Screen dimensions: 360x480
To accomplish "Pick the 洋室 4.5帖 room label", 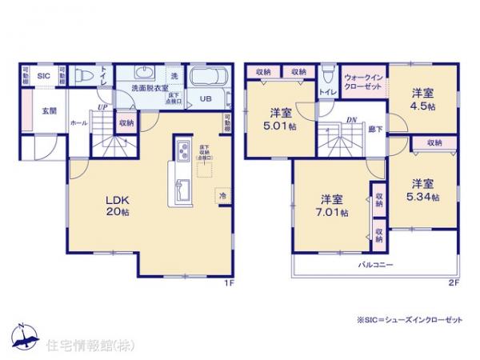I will (423, 98).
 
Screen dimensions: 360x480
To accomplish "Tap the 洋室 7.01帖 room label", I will (333, 205).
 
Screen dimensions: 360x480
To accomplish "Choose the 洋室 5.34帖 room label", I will (423, 190).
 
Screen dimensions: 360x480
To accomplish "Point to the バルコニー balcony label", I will (374, 264).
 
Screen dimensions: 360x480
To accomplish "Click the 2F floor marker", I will (452, 282).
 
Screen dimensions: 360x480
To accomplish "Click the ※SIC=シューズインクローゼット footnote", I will (411, 318).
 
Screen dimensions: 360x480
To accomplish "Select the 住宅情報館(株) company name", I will (79, 346).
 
